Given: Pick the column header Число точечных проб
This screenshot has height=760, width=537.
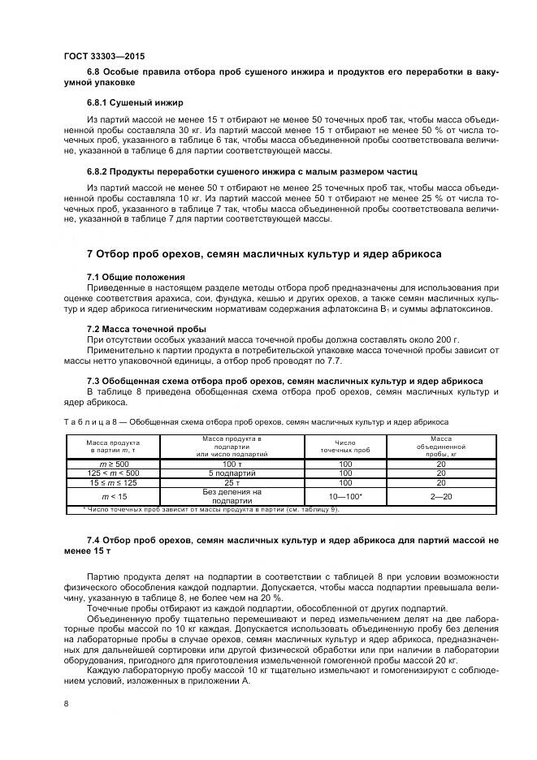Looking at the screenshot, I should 345,446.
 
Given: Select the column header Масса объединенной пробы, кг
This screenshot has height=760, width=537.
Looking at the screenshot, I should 440,446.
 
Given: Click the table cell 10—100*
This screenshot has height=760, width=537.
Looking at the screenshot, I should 345,496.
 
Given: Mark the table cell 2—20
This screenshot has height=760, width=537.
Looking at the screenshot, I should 440,496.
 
